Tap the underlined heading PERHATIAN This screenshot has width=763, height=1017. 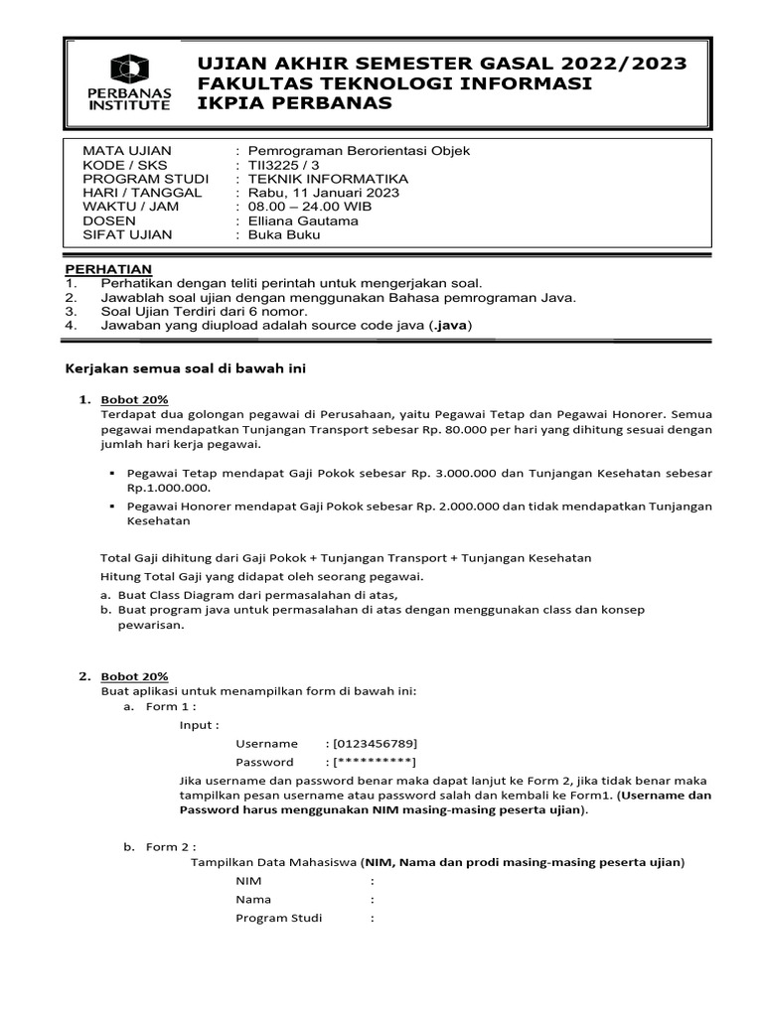[x=108, y=269]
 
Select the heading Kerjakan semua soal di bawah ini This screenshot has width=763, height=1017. [x=186, y=368]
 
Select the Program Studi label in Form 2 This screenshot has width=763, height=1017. [x=278, y=918]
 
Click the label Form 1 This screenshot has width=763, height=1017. [x=171, y=706]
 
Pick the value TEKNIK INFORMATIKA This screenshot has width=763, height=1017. [x=328, y=179]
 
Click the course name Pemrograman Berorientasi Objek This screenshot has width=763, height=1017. [x=359, y=150]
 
